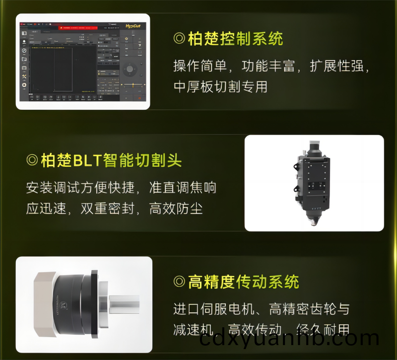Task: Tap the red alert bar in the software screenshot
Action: (82, 28)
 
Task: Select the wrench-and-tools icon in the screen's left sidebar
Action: (24, 76)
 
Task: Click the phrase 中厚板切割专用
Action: (220, 87)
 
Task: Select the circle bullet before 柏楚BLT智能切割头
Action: (32, 160)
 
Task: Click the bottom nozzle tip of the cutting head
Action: (314, 221)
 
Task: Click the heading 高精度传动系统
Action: (243, 282)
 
